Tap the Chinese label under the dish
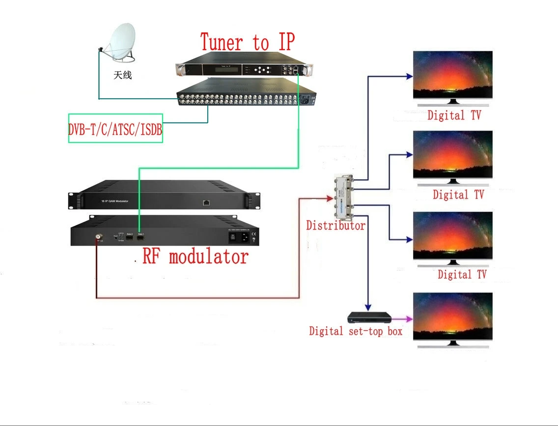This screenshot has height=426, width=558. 122,76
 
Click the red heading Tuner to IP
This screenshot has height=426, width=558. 247,42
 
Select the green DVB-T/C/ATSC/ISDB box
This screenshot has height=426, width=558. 115,129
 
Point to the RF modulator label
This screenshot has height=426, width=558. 195,256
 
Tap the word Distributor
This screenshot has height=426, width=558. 335,226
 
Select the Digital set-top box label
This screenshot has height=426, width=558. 355,331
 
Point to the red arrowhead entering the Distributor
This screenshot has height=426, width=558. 330,198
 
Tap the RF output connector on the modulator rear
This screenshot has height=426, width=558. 98,236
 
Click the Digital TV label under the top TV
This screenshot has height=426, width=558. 453,116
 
